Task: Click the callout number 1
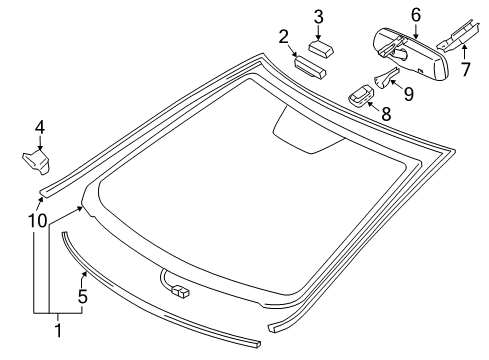[58, 330]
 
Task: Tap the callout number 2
[283, 37]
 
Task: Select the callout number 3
[319, 17]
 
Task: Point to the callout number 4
[40, 127]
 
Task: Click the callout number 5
[82, 296]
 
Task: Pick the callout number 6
[416, 15]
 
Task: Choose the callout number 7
[466, 69]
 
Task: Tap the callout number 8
[386, 114]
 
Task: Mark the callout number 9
[409, 94]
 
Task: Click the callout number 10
[37, 221]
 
